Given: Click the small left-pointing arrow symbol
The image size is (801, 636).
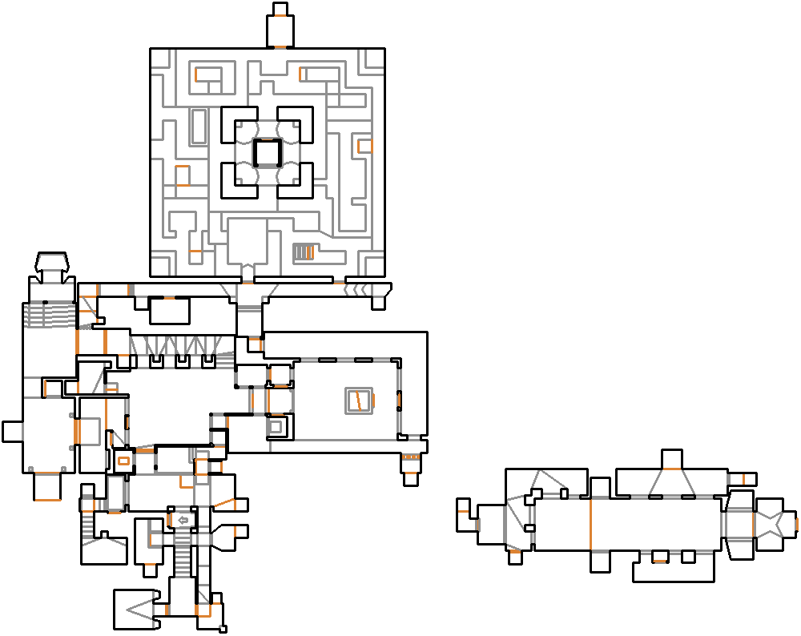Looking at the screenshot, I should pyautogui.click(x=183, y=521).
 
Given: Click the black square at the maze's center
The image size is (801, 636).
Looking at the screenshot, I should pyautogui.click(x=267, y=152).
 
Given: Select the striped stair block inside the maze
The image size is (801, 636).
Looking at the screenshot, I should pyautogui.click(x=303, y=253).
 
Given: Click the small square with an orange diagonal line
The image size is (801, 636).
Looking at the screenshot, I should pyautogui.click(x=359, y=399).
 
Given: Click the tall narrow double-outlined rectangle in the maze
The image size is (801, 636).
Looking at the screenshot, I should pyautogui.click(x=199, y=127).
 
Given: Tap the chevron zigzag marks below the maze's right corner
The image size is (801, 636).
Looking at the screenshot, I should pyautogui.click(x=358, y=289).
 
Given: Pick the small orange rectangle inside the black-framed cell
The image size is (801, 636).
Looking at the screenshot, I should pyautogui.click(x=123, y=461).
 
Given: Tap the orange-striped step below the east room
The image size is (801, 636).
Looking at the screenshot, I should pyautogui.click(x=410, y=457).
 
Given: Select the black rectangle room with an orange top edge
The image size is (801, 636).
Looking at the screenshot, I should pyautogui.click(x=169, y=310).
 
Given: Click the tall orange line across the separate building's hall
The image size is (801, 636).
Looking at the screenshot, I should pyautogui.click(x=590, y=525).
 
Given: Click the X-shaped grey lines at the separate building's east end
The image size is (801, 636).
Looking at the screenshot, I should pyautogui.click(x=773, y=524).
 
